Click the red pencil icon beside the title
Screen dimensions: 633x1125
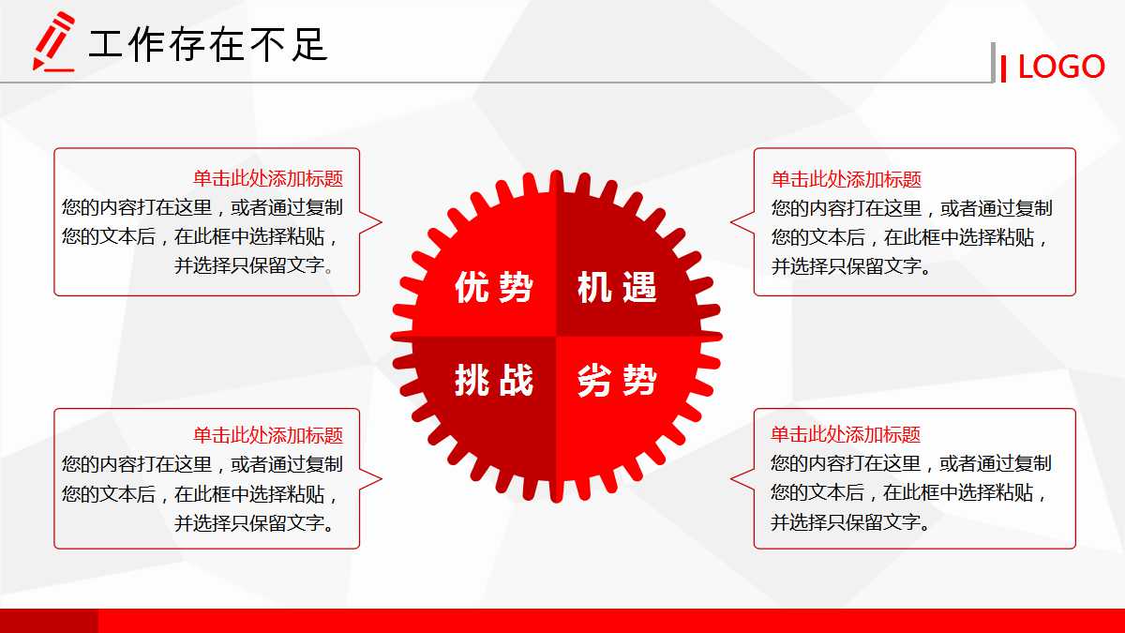click(x=53, y=41)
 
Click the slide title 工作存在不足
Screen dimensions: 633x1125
click(x=207, y=44)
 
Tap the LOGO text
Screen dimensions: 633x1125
click(x=1061, y=67)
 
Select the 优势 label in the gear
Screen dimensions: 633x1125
click(x=494, y=287)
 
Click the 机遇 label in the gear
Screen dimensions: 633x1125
click(x=617, y=287)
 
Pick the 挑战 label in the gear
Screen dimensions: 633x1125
click(x=494, y=380)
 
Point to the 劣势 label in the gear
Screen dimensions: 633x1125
click(x=617, y=380)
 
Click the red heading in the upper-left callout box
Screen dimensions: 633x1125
click(x=268, y=178)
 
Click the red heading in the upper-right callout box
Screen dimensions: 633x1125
click(x=847, y=178)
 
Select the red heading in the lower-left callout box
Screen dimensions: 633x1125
click(x=268, y=434)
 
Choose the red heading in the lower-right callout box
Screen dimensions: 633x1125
click(x=846, y=434)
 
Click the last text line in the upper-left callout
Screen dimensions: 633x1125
click(x=255, y=265)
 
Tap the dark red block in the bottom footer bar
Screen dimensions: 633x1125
click(x=49, y=621)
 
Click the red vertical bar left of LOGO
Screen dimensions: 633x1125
click(x=1003, y=68)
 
